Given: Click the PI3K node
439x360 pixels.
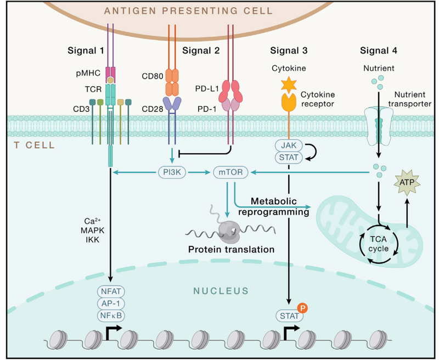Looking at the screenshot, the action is coord(172,172).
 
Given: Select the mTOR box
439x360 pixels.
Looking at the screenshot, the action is coord(230,172).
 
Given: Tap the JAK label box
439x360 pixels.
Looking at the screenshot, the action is coord(289,145).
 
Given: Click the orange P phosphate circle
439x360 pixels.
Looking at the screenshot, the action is coord(302,308).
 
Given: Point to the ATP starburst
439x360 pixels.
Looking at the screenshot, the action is coord(407,183).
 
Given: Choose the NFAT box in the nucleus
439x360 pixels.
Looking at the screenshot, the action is coord(111,291).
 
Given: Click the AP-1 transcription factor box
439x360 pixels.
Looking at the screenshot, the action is coord(111,303).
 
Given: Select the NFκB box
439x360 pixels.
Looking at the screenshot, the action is coord(111,316).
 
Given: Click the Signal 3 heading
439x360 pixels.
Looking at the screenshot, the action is coord(289,50).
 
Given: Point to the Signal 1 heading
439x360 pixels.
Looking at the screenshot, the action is coord(86,50).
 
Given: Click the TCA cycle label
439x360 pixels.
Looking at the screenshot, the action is coord(379,244).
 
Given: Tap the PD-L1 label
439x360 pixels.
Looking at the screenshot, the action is coord(207,89).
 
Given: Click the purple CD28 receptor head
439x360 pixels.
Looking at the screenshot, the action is coord(172,104).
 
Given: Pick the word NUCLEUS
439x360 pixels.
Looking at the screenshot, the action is coord(221,291).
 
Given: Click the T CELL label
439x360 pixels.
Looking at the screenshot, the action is coord(34,145).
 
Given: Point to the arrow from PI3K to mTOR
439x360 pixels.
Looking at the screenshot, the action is coord(199,172).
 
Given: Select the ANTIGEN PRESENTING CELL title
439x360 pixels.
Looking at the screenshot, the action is coord(188,11).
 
